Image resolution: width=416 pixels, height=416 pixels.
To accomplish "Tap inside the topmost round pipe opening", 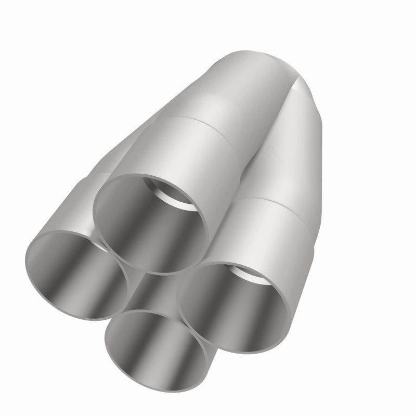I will pyautogui.click(x=148, y=224).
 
